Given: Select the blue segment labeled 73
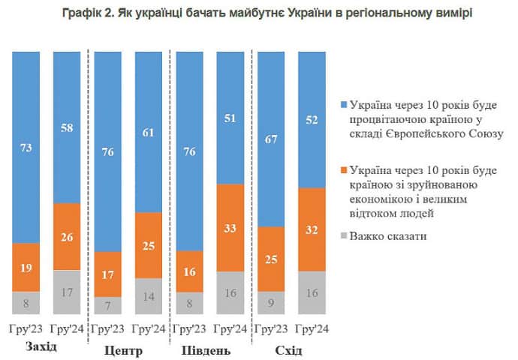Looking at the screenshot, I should point(26,146).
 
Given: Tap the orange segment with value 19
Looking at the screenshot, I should point(26,267).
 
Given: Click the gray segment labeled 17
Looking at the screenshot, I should point(67,292).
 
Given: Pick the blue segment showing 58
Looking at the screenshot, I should point(67,127).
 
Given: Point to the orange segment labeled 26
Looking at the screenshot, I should point(67,236).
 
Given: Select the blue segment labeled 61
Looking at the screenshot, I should point(149,131).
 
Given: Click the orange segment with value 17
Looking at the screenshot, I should point(108,274).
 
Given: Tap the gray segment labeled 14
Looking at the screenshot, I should point(149,296).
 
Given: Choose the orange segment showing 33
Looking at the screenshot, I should point(231,227).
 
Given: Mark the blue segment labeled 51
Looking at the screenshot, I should point(231,117).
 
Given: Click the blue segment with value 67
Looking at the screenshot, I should point(272,138).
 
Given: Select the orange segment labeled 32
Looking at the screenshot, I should point(313,229).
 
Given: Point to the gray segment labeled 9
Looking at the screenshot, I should point(272,303).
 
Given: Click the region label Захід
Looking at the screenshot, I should point(41,349).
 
